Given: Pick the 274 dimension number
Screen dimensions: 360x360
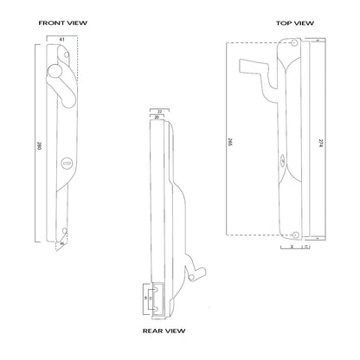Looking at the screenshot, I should [321, 144].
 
